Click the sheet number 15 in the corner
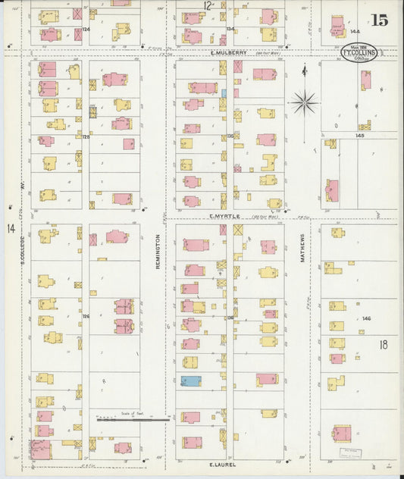(x=379, y=20)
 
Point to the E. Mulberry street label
(x=228, y=52)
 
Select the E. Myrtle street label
(x=225, y=216)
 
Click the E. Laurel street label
(x=224, y=462)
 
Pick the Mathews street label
(x=302, y=247)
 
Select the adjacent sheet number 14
(x=11, y=228)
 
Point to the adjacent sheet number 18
(x=384, y=344)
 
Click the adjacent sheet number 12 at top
(x=207, y=5)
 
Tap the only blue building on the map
(x=191, y=380)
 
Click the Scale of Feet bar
(x=133, y=418)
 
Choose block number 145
(x=359, y=136)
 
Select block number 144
(x=355, y=32)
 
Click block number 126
(x=86, y=316)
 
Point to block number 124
(x=86, y=29)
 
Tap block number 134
(x=230, y=29)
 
